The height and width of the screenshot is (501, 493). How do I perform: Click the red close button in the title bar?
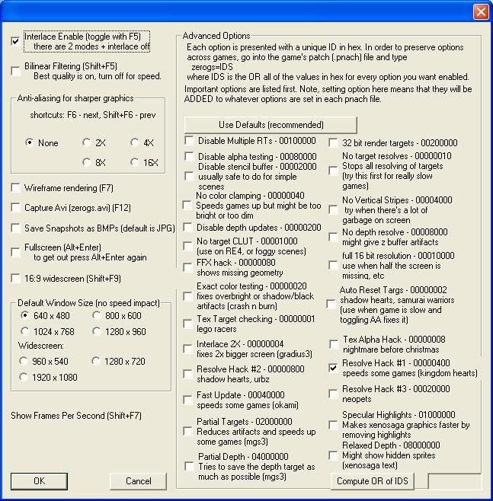480,12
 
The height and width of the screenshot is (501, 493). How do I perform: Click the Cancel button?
138,480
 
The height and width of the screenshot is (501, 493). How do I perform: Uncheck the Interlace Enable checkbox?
16,41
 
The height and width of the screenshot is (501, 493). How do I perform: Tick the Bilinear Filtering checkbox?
16,71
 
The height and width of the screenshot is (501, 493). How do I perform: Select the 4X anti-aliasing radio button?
135,142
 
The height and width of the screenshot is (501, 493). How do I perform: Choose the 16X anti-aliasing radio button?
135,161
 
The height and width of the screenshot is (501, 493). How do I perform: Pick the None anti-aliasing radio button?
30,142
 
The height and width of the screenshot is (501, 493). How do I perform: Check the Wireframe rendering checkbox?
16,188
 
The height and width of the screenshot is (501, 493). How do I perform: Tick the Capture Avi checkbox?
16,208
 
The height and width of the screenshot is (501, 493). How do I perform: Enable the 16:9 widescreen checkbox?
16,279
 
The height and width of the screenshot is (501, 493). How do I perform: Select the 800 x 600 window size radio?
97,316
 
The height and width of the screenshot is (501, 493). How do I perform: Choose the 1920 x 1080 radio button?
25,377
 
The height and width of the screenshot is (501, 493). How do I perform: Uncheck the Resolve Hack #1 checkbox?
333,368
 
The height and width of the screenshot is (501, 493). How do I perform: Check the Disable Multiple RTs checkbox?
188,141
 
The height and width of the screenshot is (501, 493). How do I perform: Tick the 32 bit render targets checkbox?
333,142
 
